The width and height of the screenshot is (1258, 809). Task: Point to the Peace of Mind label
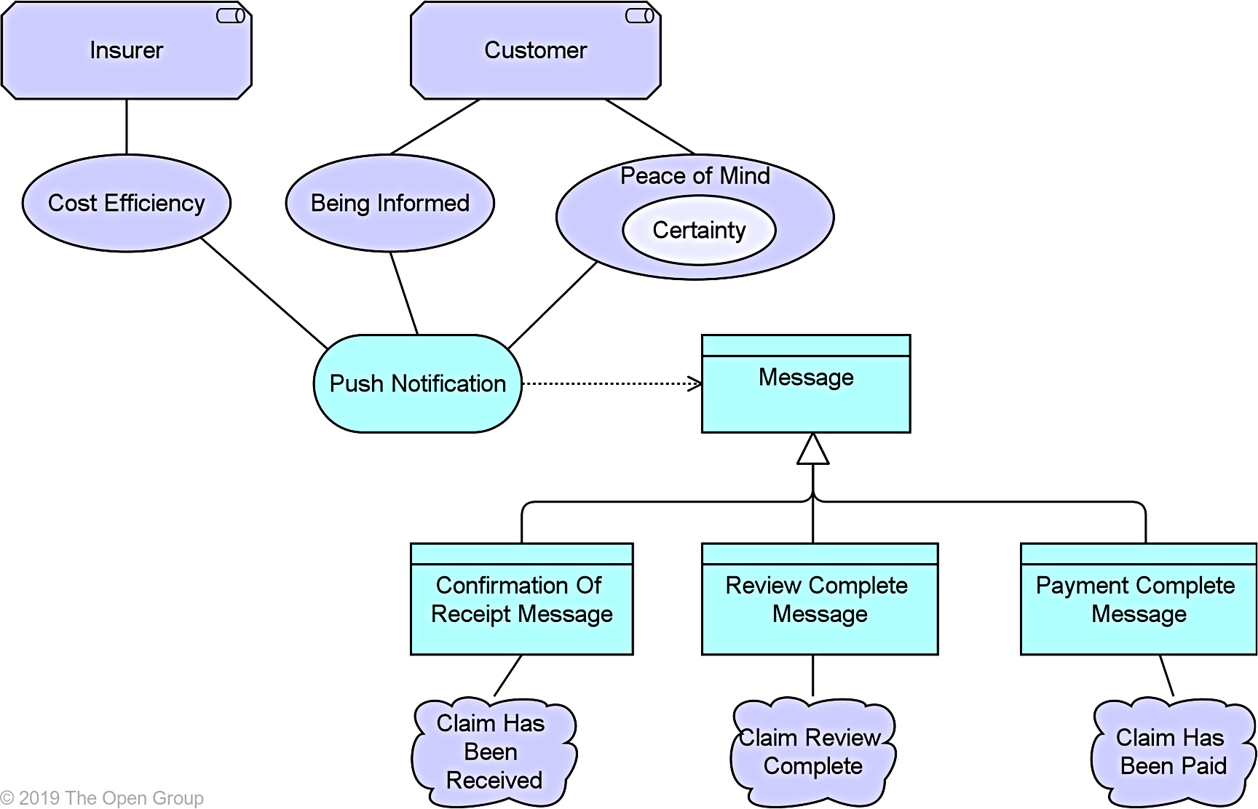695,176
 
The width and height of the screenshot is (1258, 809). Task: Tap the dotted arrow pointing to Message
612,383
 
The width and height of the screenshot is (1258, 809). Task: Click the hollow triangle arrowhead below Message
813,450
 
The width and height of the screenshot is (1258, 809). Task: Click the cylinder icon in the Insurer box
231,16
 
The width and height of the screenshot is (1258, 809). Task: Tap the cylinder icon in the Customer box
640,16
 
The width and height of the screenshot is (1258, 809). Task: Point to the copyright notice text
102,798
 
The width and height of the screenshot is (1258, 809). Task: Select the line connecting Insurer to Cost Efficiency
127,127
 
